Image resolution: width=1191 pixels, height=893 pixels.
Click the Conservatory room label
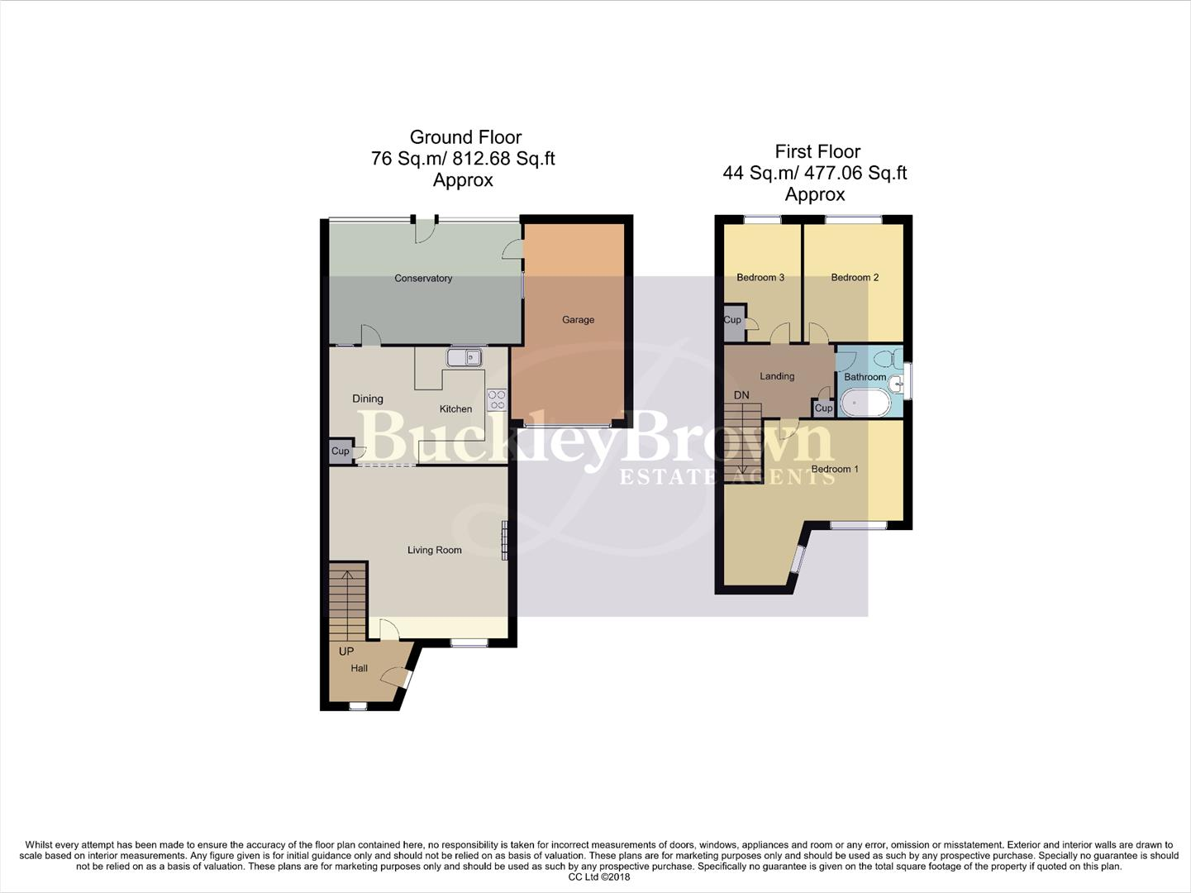(x=423, y=279)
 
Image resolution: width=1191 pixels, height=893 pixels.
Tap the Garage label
(x=578, y=320)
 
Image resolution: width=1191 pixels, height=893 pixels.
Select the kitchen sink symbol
(x=464, y=357)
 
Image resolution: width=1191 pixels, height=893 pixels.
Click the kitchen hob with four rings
(x=497, y=400)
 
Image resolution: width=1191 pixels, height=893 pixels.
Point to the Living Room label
(x=434, y=550)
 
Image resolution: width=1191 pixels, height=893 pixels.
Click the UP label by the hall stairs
(x=346, y=652)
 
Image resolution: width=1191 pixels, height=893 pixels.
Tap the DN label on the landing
(x=741, y=395)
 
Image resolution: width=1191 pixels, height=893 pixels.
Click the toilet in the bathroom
(x=884, y=360)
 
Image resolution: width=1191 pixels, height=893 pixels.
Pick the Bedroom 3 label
(x=760, y=278)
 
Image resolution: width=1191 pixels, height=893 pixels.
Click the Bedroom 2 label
(x=855, y=278)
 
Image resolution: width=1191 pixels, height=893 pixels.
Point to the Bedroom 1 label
(x=835, y=470)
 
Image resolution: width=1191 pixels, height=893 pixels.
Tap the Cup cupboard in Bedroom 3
(x=732, y=321)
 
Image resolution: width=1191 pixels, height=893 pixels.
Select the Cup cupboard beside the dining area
(x=340, y=451)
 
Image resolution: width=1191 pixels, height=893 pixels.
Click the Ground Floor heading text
(x=465, y=137)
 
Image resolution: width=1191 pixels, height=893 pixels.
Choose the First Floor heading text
(x=817, y=151)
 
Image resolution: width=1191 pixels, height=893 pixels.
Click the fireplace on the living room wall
(x=503, y=541)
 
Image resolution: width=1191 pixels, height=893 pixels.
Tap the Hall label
(x=359, y=668)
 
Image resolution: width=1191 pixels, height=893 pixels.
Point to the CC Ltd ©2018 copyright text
(x=599, y=877)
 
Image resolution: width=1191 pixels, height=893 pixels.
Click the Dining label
(x=368, y=399)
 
